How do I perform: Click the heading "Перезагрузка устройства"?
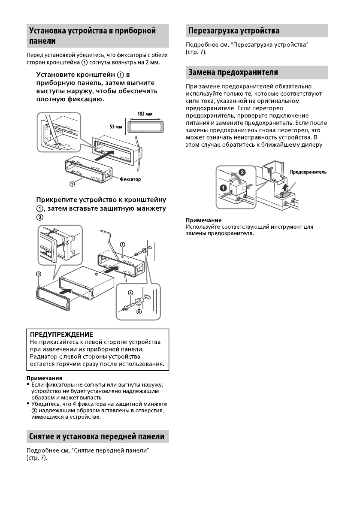click(233, 31)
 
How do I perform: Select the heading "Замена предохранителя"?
click(233, 72)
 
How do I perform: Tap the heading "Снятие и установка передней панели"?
click(97, 436)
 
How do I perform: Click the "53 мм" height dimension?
click(115, 127)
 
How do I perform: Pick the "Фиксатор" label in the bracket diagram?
click(130, 178)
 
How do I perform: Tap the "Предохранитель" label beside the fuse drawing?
click(309, 172)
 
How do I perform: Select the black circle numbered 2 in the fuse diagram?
click(242, 172)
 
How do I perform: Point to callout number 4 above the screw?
click(130, 293)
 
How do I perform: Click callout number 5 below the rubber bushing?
click(139, 312)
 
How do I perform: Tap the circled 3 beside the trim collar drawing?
click(38, 273)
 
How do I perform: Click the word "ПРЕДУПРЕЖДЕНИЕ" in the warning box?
click(61, 334)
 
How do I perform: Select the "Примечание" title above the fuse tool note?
click(200, 221)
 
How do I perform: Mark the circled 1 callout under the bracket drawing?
click(72, 184)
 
